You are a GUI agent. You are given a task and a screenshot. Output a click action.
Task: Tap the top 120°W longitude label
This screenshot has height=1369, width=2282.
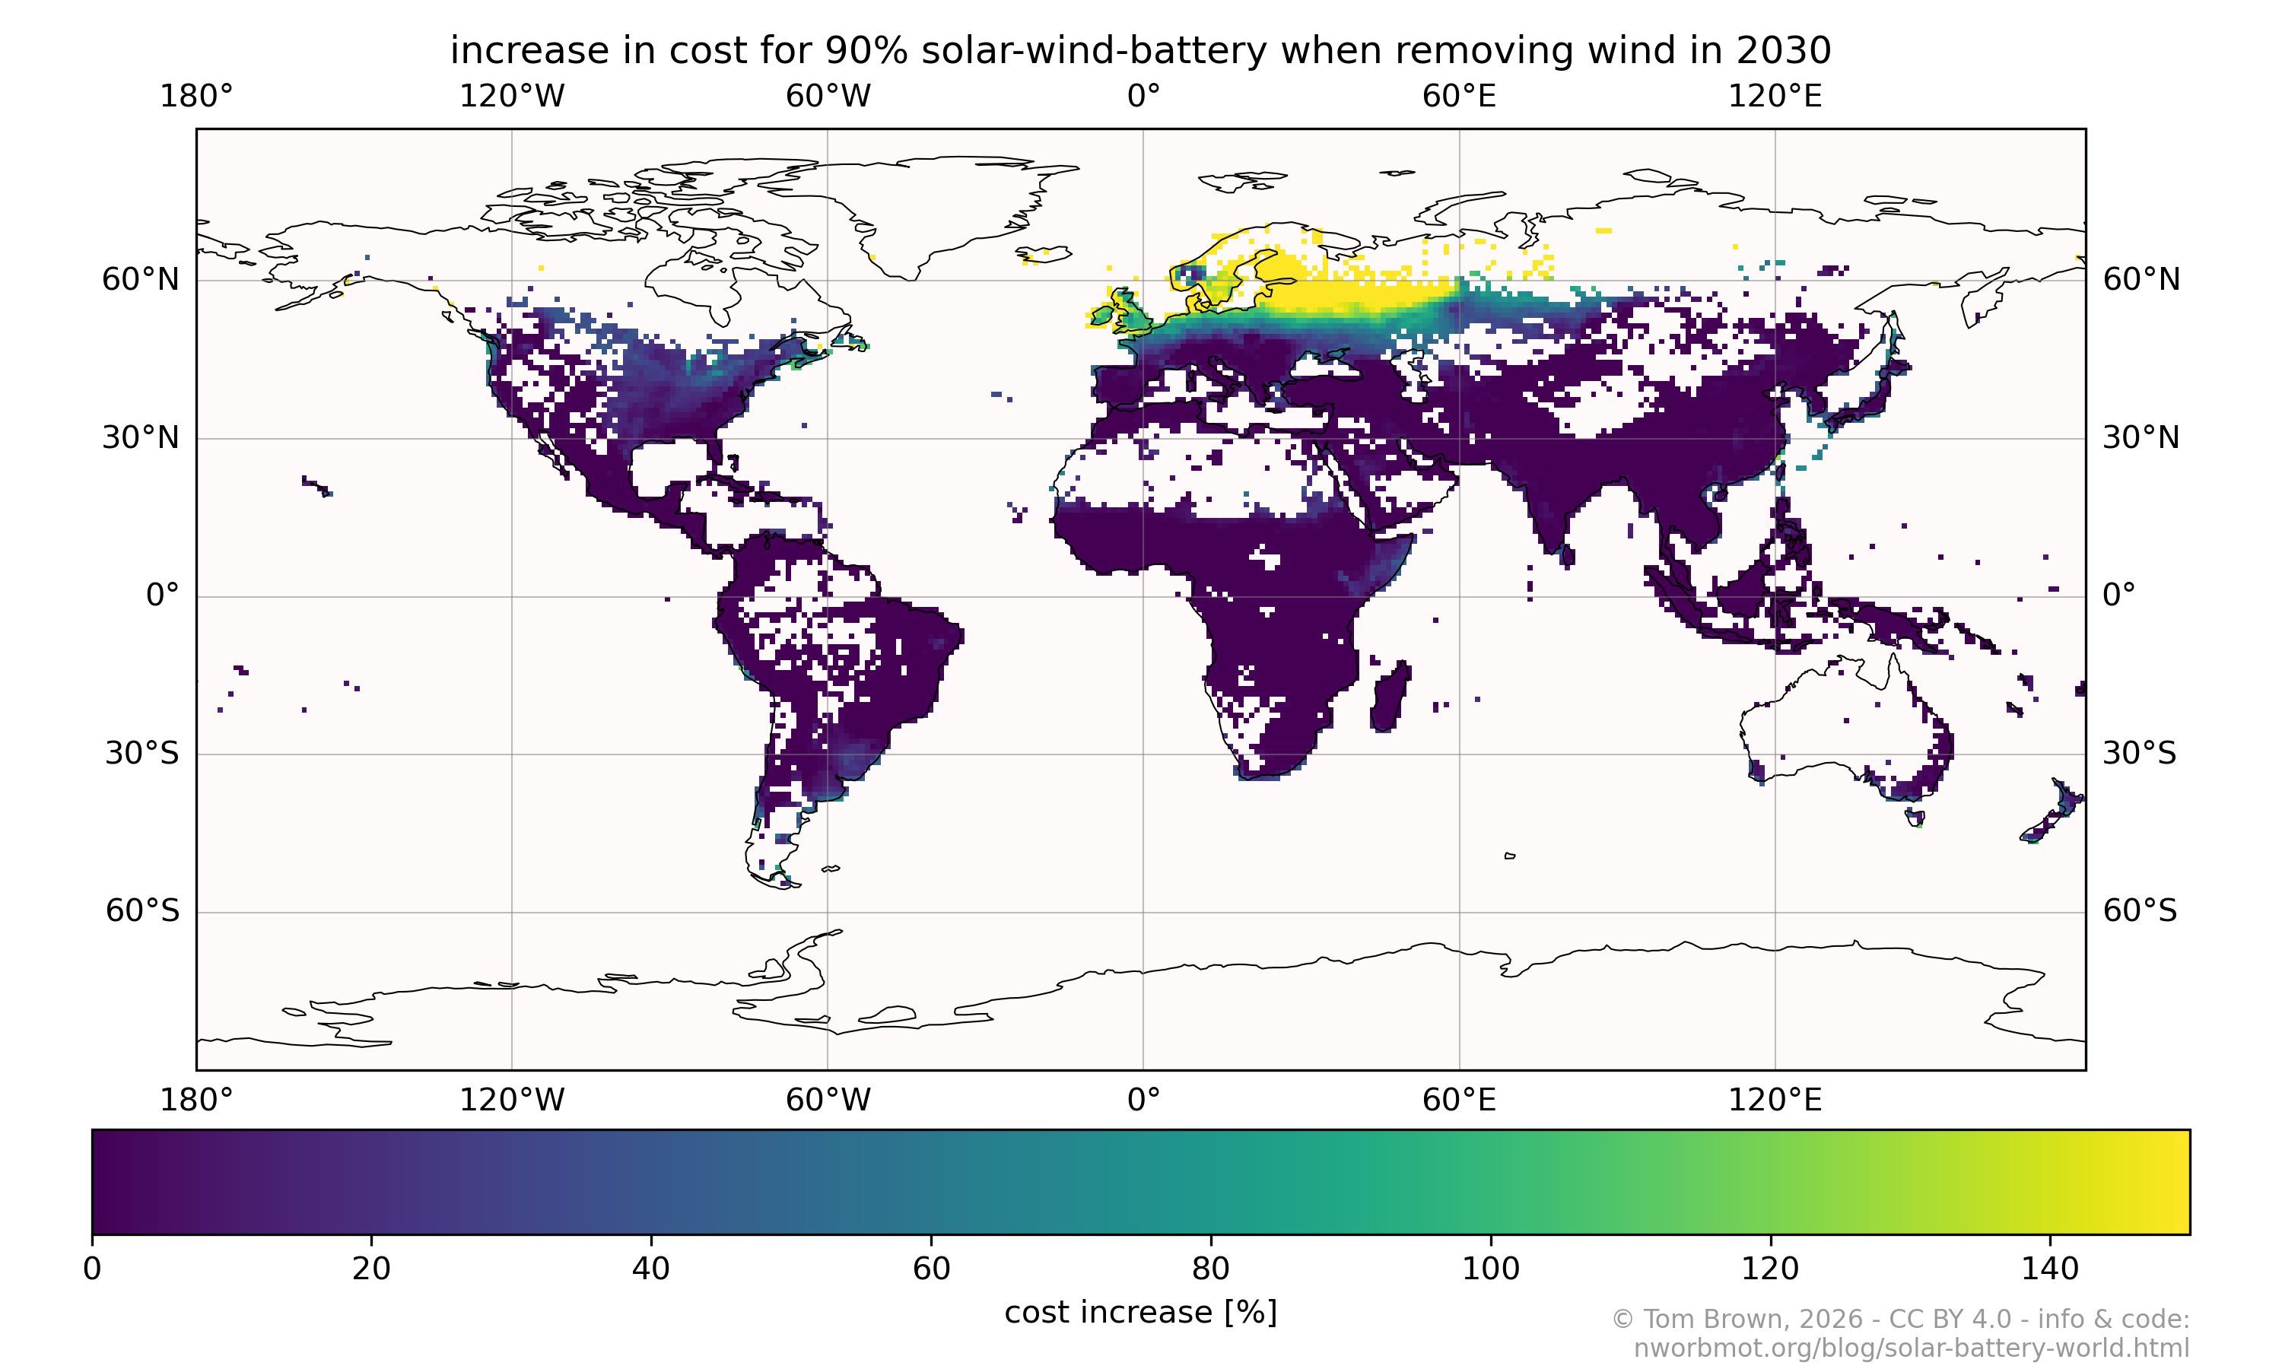click(512, 96)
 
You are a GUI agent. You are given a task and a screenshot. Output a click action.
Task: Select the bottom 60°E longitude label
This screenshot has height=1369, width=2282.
click(1458, 1100)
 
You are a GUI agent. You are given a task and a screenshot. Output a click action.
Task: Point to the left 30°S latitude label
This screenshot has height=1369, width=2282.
click(141, 754)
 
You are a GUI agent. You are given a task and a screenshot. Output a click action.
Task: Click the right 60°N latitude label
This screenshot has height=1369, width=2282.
click(2141, 280)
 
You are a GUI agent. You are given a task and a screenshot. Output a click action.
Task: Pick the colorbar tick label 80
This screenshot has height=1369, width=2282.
click(1210, 1269)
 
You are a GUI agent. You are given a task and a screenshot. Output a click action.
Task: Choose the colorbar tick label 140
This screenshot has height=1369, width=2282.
click(2049, 1269)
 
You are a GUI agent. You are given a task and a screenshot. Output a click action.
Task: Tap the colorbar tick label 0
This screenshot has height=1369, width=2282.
click(92, 1269)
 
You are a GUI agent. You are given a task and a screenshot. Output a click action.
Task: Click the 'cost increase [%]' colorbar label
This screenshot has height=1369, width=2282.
click(1140, 1313)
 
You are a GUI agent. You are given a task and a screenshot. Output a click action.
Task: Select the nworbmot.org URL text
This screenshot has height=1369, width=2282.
click(1912, 1348)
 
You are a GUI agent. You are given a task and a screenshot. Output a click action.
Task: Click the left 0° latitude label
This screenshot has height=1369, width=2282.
click(162, 596)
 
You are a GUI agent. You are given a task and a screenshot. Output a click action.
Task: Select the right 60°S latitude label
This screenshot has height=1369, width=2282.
click(2140, 911)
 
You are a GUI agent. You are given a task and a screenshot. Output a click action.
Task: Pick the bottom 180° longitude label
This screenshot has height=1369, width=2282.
click(196, 1100)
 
